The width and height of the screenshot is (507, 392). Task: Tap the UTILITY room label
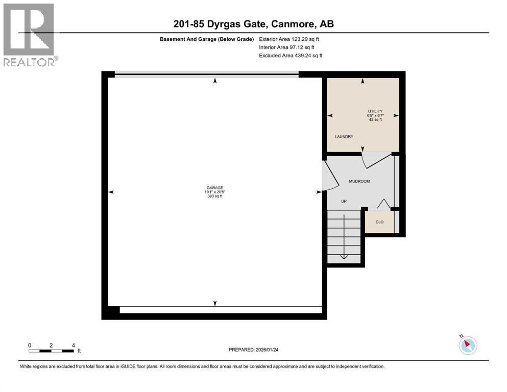point(375,111)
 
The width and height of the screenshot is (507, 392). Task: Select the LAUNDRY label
point(344,137)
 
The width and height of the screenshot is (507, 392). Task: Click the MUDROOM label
point(359,181)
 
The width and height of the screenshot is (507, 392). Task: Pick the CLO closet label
point(379,222)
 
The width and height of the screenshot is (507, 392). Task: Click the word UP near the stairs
point(344,201)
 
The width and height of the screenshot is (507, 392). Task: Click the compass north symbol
point(468,345)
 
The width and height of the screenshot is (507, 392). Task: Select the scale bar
point(51,351)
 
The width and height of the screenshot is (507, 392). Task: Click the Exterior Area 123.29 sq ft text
point(289,39)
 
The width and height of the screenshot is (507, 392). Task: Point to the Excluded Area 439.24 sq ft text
point(291,56)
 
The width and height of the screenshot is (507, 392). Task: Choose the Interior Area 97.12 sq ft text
point(287,47)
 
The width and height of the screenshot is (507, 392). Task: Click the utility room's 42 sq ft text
point(375,120)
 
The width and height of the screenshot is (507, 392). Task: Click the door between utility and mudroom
point(378,160)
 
